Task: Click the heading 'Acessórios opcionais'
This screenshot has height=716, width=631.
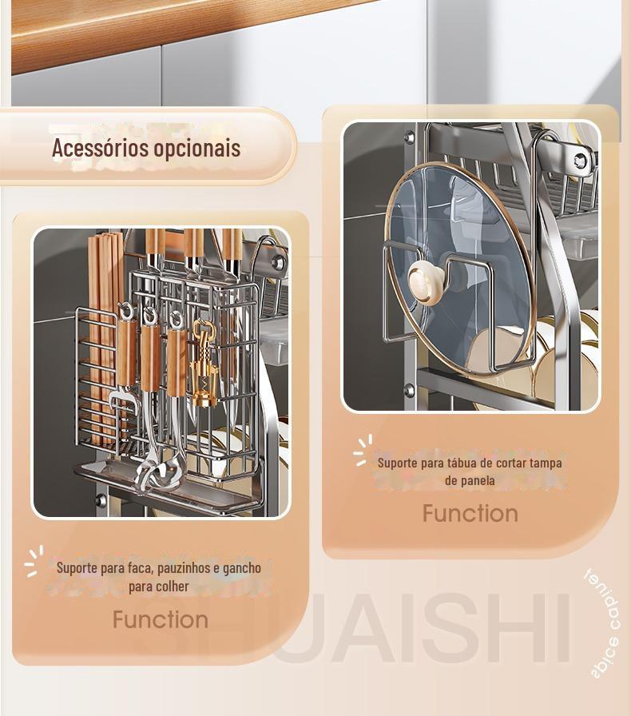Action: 146,148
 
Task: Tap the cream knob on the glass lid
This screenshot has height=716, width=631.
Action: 427,280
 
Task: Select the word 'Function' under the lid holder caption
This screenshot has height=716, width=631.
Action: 470,513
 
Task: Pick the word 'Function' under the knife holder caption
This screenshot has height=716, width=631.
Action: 160,619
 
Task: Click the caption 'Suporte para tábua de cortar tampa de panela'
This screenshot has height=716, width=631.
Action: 470,471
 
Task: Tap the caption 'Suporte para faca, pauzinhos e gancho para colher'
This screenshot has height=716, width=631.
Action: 158,576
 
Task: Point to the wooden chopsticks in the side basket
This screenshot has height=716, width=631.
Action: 101,328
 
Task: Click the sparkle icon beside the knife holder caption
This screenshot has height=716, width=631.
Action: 33,561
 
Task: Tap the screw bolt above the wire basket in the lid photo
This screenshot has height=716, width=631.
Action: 580,160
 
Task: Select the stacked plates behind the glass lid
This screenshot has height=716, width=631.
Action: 559,352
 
